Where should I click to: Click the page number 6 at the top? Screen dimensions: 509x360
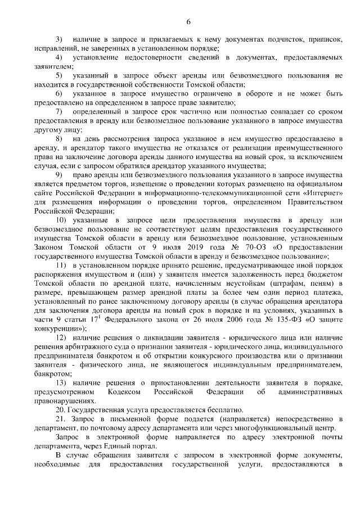point(189,22)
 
